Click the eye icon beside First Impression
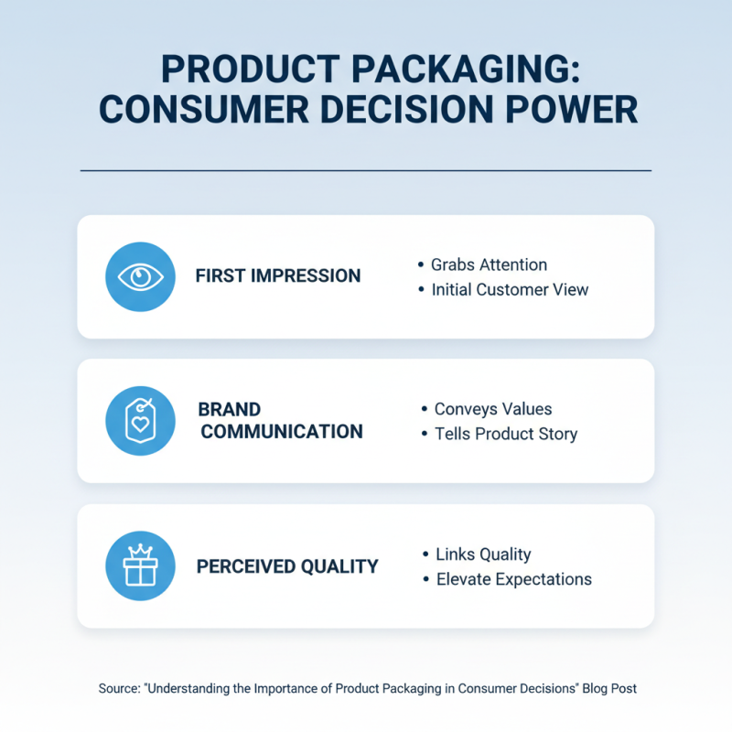(x=140, y=276)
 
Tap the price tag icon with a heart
(x=140, y=421)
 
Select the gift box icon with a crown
(x=140, y=566)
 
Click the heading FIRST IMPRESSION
(x=278, y=276)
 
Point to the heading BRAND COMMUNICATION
(x=281, y=421)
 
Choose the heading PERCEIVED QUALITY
(x=287, y=566)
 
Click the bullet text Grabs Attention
(x=489, y=264)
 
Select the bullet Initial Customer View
(x=510, y=289)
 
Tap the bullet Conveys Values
(x=492, y=409)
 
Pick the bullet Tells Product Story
(x=505, y=434)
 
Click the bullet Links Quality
(x=483, y=554)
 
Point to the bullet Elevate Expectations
(x=513, y=579)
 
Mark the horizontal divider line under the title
(x=366, y=170)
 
